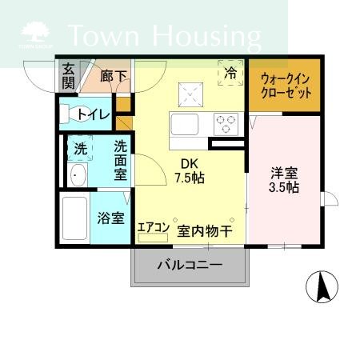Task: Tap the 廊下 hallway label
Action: pos(113,77)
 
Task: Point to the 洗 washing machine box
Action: pos(80,148)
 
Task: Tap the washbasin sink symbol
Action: pos(78,177)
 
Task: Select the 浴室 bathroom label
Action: pos(111,217)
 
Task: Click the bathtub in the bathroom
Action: pos(74,217)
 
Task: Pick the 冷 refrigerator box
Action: pos(230,74)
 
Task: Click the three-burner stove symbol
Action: pos(226,124)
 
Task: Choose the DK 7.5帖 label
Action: pos(190,170)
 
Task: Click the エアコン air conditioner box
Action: pos(153,228)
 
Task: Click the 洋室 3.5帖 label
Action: pos(283,179)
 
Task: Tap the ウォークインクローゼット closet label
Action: pos(285,86)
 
